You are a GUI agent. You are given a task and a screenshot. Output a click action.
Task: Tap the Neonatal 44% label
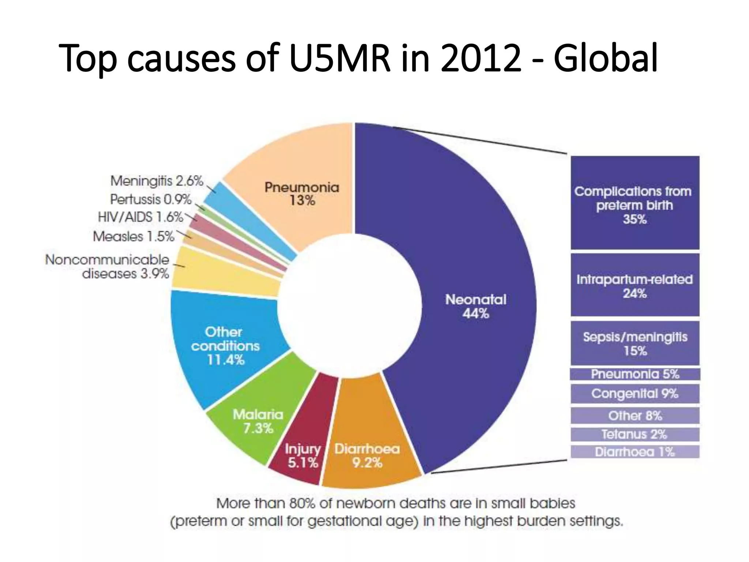[x=475, y=307]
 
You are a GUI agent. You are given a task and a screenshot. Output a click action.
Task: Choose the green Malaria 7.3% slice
[x=258, y=421]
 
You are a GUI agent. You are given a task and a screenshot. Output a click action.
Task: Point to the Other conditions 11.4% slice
[x=225, y=346]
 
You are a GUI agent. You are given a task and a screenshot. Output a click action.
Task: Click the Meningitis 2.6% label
[x=157, y=181]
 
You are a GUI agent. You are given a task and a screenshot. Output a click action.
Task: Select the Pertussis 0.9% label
[x=151, y=199]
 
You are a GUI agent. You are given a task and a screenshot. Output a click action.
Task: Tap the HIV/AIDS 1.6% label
[x=140, y=217]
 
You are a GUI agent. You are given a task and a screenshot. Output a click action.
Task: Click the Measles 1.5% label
[x=133, y=236]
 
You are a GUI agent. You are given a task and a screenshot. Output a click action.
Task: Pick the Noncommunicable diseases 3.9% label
[x=107, y=266]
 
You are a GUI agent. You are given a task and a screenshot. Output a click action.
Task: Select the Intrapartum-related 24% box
[x=635, y=285]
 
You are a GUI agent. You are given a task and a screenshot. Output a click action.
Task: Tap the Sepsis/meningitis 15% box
[x=635, y=343]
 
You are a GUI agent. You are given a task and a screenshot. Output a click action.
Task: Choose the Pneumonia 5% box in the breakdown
[x=635, y=374]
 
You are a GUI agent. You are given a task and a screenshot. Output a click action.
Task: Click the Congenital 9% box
[x=635, y=394]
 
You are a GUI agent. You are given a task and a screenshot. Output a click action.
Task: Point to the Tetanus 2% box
[x=635, y=434]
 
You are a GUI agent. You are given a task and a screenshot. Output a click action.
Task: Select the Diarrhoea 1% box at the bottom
[x=635, y=452]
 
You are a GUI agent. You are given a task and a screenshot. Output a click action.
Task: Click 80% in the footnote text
[x=302, y=503]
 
